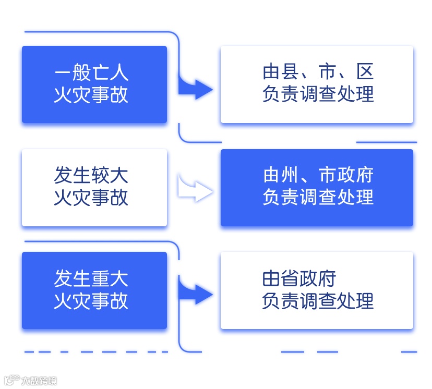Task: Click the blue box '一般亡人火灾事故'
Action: tap(94, 84)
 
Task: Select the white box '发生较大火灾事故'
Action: tap(94, 188)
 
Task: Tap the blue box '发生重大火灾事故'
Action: tap(94, 290)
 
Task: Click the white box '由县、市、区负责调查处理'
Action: tap(317, 84)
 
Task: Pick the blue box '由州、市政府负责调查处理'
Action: tap(317, 188)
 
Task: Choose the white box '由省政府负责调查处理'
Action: tap(317, 290)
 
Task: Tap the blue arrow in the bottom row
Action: tap(196, 295)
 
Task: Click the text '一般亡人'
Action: tap(91, 73)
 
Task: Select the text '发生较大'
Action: tap(91, 176)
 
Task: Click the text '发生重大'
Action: tap(91, 279)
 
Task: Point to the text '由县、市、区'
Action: tap(318, 72)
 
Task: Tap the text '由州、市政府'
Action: tap(318, 175)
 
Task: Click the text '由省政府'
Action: tap(299, 279)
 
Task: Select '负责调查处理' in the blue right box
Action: tap(318, 198)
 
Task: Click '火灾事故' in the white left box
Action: tap(91, 199)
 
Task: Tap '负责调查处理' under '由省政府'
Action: tap(318, 301)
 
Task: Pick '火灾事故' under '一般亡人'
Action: tap(91, 95)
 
